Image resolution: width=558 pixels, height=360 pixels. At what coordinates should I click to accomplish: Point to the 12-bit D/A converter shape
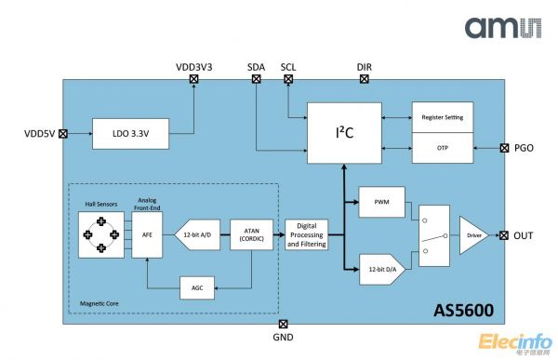380,270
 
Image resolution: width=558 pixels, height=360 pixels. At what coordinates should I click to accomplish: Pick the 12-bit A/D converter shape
197,234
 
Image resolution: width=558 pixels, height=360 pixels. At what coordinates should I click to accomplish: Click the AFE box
146,235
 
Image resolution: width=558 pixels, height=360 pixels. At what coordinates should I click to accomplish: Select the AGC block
197,287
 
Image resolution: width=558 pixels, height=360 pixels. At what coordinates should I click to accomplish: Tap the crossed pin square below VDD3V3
193,80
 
